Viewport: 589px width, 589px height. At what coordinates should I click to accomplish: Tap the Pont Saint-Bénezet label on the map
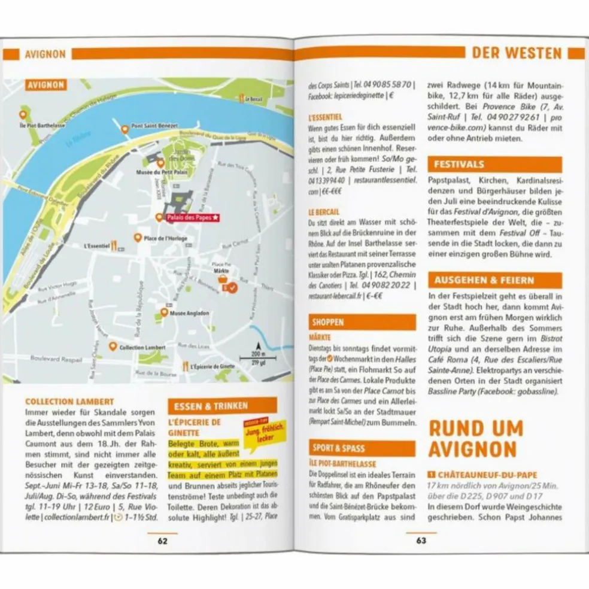(154, 127)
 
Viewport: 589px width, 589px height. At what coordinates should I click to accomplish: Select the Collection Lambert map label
(142, 347)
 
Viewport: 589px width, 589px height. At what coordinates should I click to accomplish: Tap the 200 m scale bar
(258, 357)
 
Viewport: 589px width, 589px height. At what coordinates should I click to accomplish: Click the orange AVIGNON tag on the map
(45, 85)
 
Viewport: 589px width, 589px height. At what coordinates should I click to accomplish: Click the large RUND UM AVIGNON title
(476, 439)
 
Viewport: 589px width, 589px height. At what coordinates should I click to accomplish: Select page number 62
(162, 541)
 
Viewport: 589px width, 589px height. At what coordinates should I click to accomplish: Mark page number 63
(421, 541)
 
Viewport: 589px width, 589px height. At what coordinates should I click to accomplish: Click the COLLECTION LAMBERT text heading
(69, 402)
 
